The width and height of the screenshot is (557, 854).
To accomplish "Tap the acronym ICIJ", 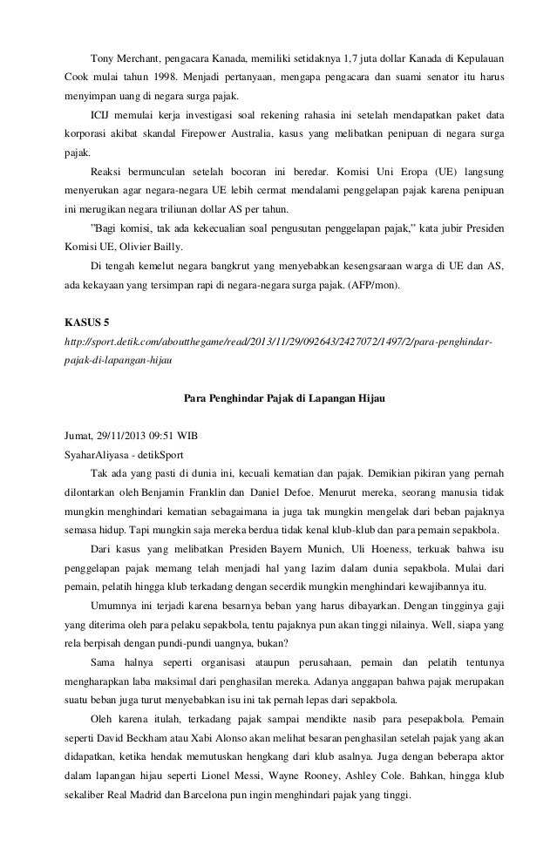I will tap(100, 115).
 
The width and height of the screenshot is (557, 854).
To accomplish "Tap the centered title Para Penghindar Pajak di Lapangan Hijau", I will tap(278, 399).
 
